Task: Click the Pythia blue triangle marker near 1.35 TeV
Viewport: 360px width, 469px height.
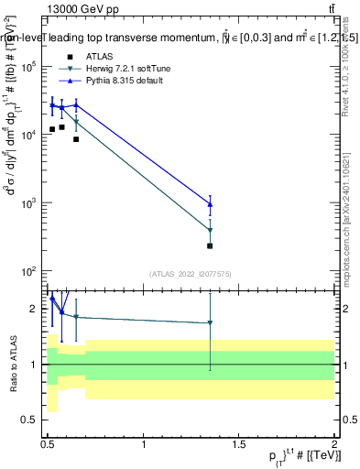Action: pos(211,204)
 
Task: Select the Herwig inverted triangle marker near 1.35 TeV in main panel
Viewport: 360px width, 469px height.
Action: pos(211,231)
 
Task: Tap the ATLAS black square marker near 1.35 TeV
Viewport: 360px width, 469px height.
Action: pos(211,245)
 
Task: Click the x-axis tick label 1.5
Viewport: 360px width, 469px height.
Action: pos(239,444)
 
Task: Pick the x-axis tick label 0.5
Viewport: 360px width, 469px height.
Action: pos(49,444)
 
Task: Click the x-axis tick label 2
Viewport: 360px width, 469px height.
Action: pos(334,444)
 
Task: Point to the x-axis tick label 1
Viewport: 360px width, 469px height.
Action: pos(144,444)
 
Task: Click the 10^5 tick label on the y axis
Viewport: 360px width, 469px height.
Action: pos(28,67)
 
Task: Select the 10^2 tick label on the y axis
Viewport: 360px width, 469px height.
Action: pos(28,271)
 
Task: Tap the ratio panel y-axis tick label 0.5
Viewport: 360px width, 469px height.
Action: pos(31,420)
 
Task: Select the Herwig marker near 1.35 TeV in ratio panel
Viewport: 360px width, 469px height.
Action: pos(211,322)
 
